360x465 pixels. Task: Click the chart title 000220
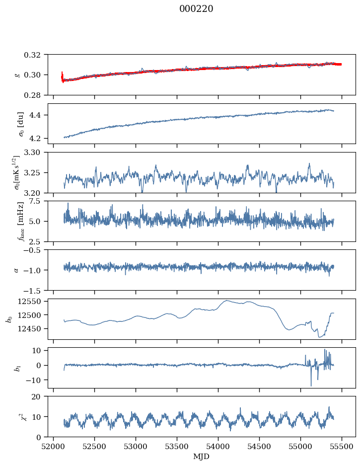click(x=196, y=9)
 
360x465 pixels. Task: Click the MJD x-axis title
click(x=201, y=457)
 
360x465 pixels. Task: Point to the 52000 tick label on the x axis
click(x=53, y=447)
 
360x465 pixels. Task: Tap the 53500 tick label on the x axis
click(x=177, y=447)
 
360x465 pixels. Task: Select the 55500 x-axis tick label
click(x=342, y=447)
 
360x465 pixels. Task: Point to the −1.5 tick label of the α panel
click(x=33, y=290)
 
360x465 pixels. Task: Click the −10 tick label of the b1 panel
click(x=35, y=380)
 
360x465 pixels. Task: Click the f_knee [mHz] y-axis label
click(x=20, y=221)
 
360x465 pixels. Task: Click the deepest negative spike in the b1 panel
click(x=311, y=386)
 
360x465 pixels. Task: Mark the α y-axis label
click(x=16, y=270)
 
